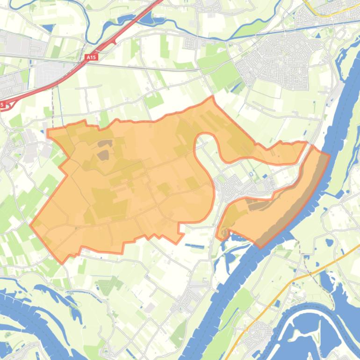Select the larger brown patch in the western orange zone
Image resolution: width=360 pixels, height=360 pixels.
tap(103, 155)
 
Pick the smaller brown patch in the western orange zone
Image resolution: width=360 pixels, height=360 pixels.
tap(105, 144)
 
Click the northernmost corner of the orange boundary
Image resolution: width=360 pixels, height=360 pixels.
tap(213, 97)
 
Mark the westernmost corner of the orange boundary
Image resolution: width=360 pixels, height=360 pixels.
tap(31, 225)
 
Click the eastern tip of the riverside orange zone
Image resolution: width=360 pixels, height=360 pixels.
tap(329, 155)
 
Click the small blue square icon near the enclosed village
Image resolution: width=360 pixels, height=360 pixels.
tap(251, 174)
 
